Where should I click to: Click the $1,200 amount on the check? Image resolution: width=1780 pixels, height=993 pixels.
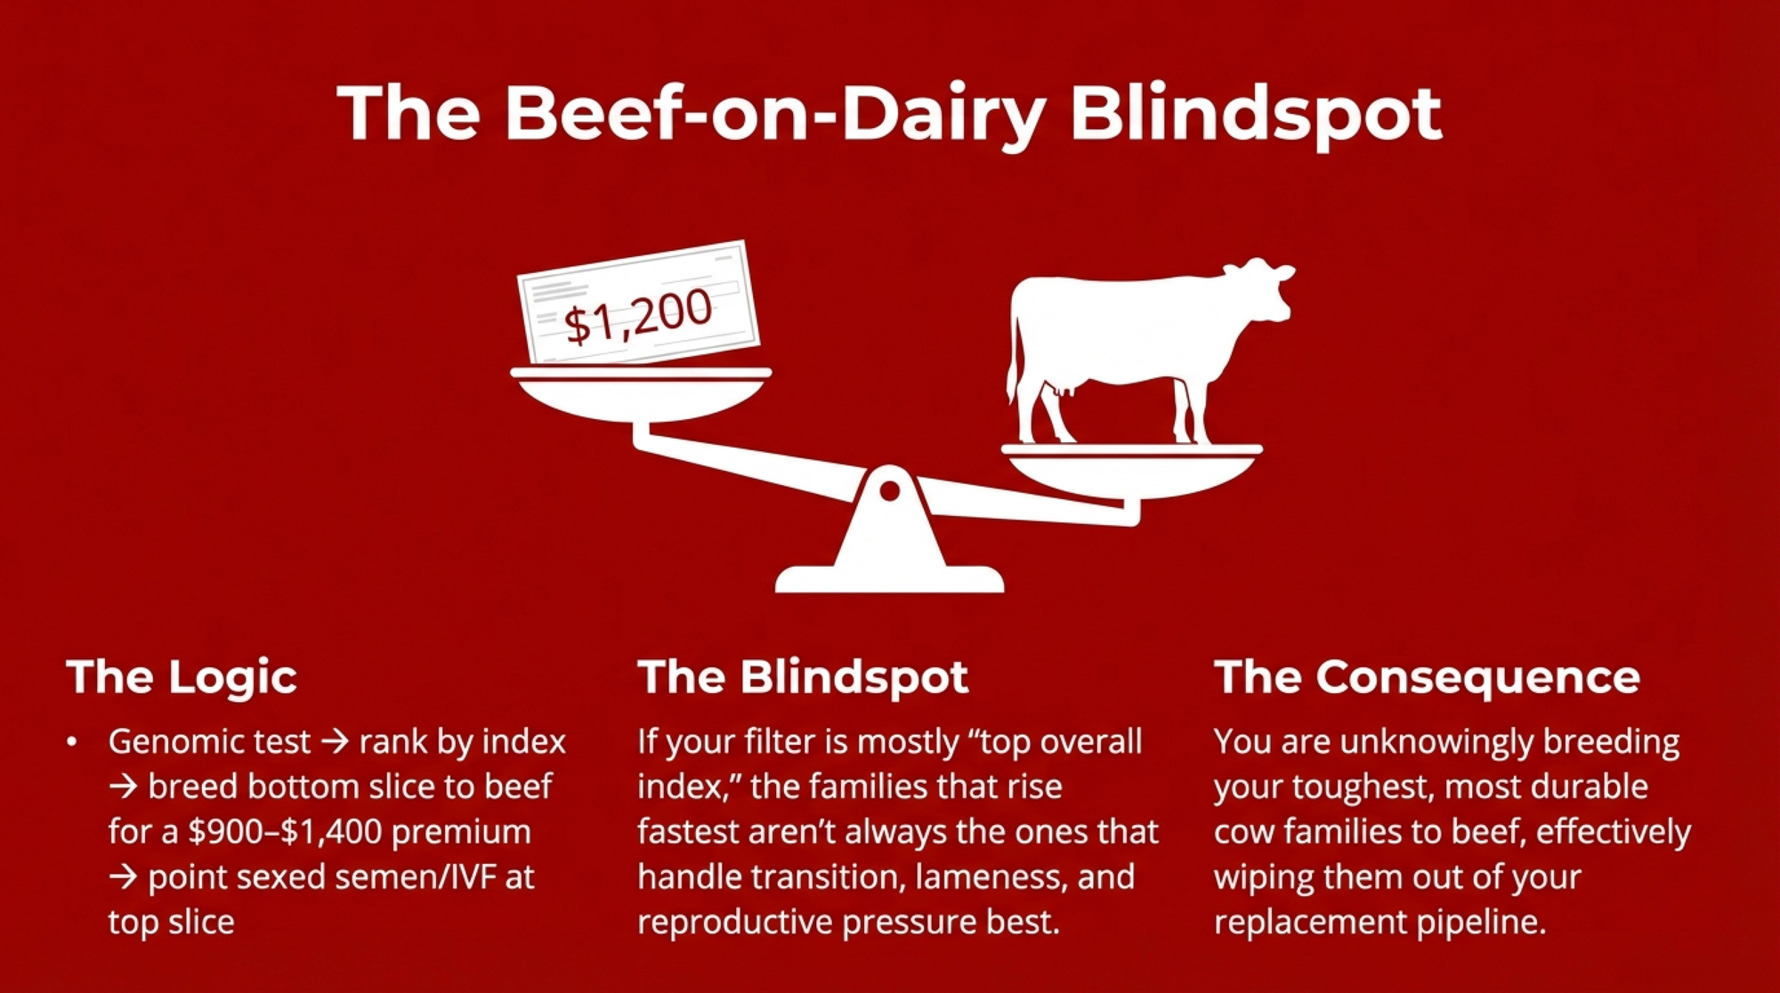(x=638, y=317)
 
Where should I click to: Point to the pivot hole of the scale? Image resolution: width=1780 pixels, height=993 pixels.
(x=889, y=491)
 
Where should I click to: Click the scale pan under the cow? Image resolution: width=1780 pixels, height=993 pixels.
(x=1132, y=471)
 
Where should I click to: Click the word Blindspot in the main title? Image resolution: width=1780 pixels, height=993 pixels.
(x=1255, y=116)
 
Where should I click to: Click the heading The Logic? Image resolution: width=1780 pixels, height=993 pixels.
(x=182, y=678)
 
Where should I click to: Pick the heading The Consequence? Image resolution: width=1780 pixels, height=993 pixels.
(x=1427, y=677)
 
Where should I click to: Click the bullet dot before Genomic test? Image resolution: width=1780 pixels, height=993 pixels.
(x=72, y=741)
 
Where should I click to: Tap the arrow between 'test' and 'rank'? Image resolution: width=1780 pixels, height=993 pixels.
(x=335, y=741)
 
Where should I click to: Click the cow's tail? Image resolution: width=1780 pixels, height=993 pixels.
(x=1013, y=356)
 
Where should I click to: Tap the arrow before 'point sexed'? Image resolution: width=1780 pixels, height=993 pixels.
(x=124, y=877)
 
